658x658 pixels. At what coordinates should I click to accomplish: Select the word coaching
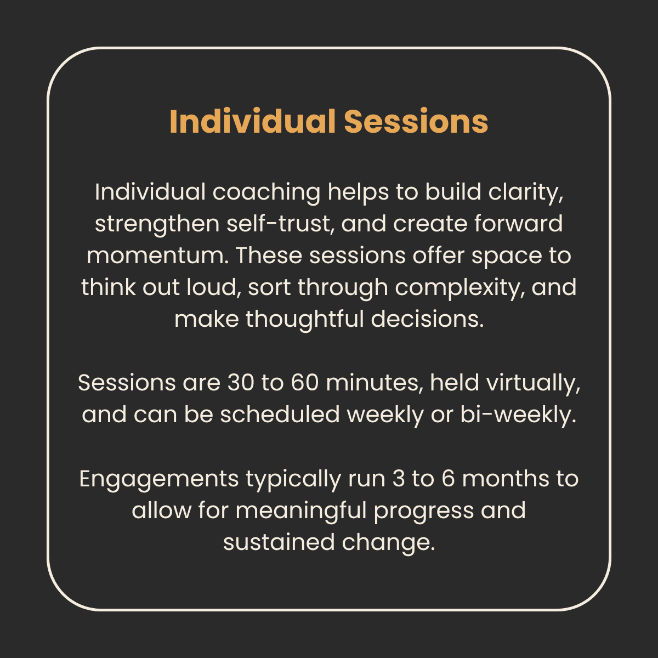pyautogui.click(x=266, y=192)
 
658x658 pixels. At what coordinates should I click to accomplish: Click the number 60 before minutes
pyautogui.click(x=304, y=383)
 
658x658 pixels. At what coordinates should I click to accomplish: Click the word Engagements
pyautogui.click(x=158, y=479)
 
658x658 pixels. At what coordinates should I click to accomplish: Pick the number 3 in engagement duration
pyautogui.click(x=398, y=479)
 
